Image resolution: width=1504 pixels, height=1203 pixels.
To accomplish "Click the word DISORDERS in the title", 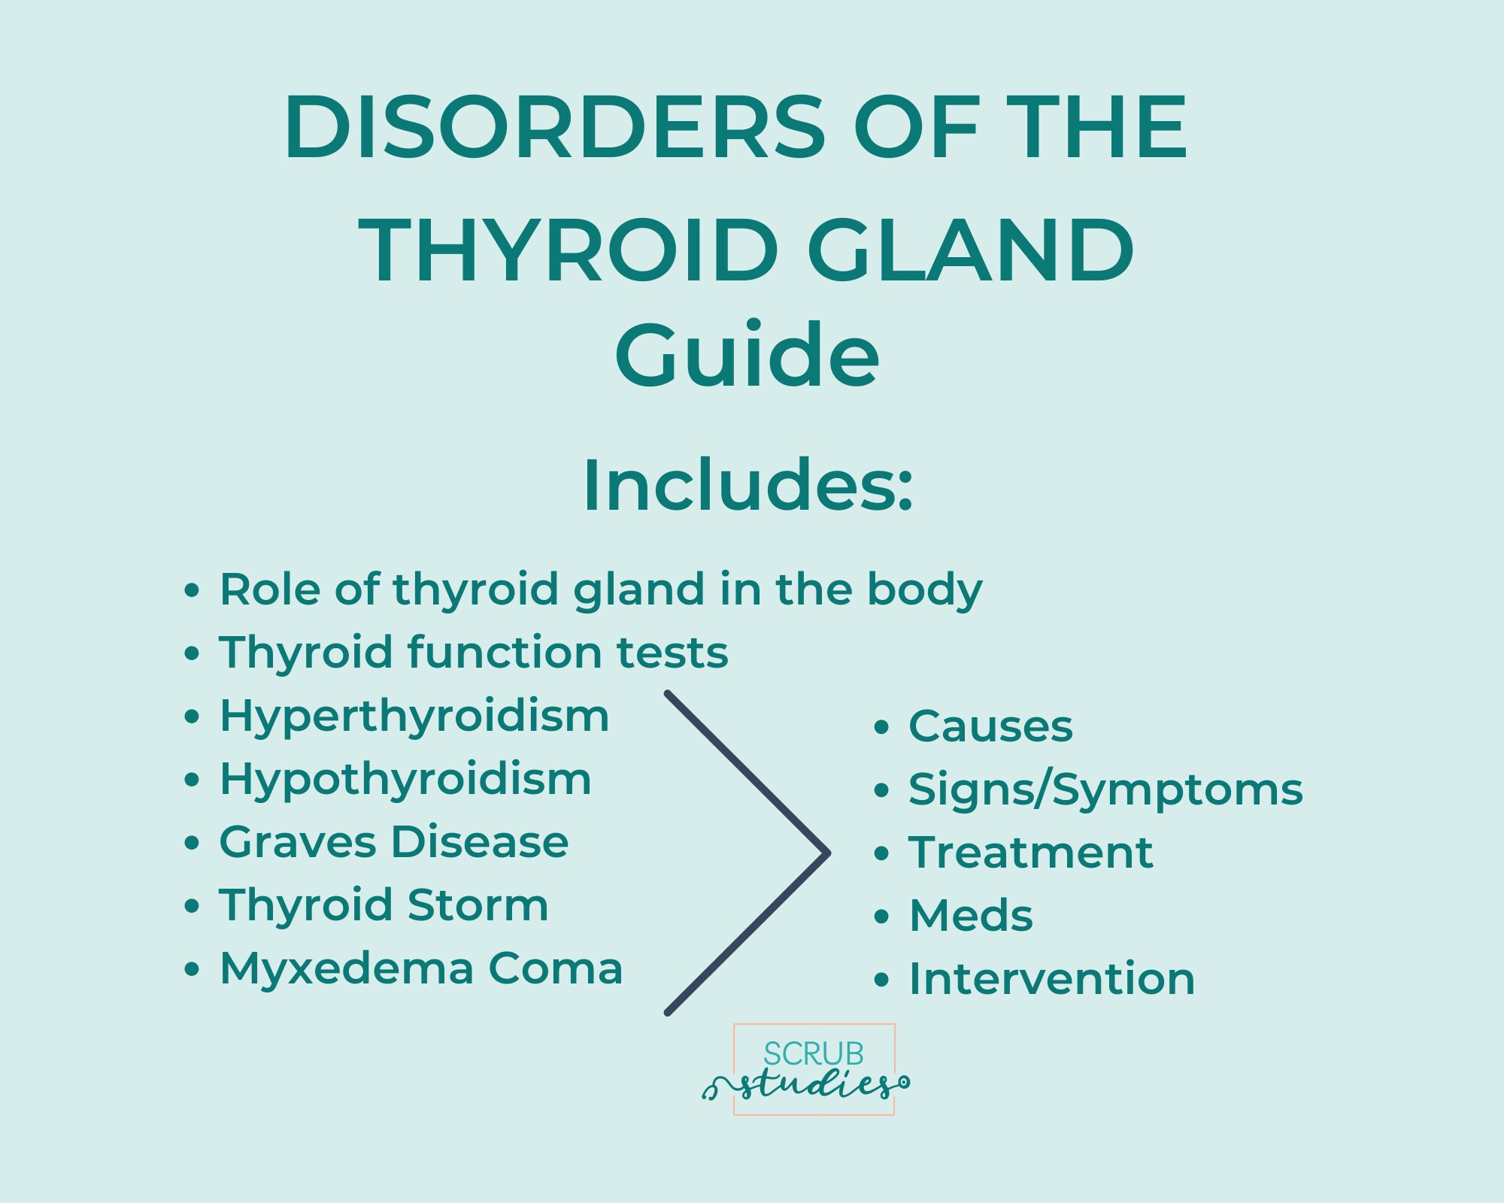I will [x=554, y=128].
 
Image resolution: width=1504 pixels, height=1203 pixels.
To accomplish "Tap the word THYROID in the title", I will [x=568, y=250].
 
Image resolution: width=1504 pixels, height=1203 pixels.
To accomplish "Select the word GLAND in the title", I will [x=970, y=250].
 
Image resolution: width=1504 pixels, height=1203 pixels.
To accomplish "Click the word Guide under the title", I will [x=747, y=355].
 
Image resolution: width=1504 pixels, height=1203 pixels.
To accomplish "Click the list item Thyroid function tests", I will [x=473, y=652].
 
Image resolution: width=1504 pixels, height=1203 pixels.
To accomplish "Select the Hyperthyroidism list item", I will [x=414, y=716].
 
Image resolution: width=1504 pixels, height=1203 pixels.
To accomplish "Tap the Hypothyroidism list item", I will [x=405, y=779].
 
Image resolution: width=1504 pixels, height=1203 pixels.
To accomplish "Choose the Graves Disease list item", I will [x=393, y=841].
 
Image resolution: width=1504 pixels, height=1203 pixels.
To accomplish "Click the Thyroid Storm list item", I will [x=384, y=905].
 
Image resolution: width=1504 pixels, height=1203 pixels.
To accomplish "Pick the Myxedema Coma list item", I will [x=421, y=968].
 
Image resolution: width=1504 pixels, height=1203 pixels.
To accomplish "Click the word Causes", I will [x=990, y=726].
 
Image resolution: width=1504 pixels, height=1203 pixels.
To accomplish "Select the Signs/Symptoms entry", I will [x=1105, y=790].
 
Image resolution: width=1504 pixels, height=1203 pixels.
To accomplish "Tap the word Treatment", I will [x=1030, y=853].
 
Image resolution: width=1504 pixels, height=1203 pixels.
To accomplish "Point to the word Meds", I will [x=971, y=916].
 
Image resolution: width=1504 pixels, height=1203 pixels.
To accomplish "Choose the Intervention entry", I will [x=1051, y=979].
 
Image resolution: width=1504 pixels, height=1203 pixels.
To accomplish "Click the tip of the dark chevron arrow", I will [x=827, y=853].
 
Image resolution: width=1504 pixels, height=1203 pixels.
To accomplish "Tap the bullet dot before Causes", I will [x=882, y=727].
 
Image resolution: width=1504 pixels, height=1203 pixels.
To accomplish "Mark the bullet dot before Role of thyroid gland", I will [x=193, y=589].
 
